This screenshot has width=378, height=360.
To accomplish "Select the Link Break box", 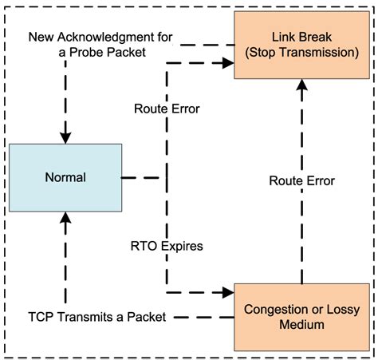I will pos(301,47).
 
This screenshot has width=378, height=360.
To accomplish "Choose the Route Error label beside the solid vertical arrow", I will pos(301,181).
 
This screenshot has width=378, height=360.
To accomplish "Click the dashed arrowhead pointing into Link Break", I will pos(228,69).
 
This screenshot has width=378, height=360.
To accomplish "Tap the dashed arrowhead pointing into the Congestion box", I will pos(228,292).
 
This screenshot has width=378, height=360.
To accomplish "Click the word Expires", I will pos(181,247).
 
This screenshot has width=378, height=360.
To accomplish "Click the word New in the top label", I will pos(40,38).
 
